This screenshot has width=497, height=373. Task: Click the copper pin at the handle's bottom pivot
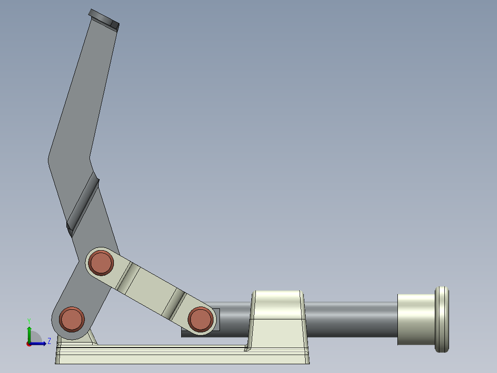72,319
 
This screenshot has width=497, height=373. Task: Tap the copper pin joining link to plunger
200,319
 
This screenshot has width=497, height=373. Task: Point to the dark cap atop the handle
104,19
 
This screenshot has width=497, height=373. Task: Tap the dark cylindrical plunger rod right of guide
350,319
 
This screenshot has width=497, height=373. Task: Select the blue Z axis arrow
39,343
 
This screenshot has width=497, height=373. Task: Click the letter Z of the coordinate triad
49,342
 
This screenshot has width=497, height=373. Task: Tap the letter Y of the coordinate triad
29,321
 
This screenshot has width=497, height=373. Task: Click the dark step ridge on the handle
83,205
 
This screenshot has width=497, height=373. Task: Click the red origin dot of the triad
29,343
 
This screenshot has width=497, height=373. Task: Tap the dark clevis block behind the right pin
216,319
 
